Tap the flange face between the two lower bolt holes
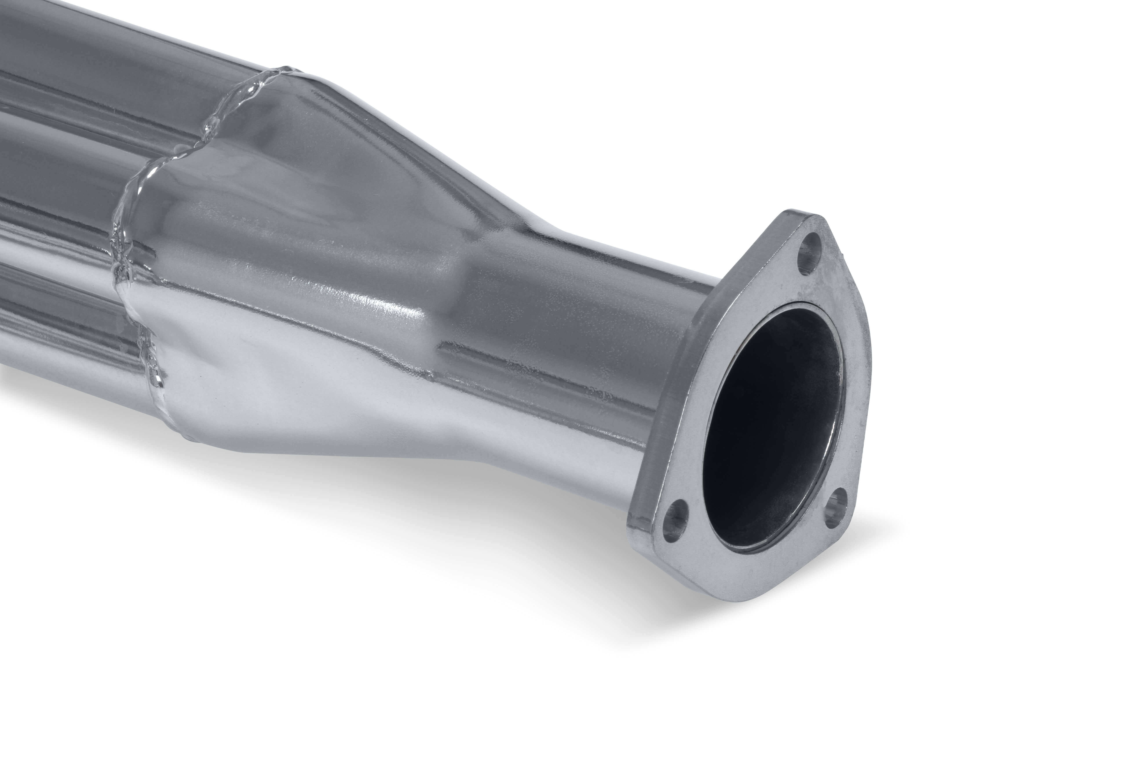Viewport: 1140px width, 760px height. coord(756,548)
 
